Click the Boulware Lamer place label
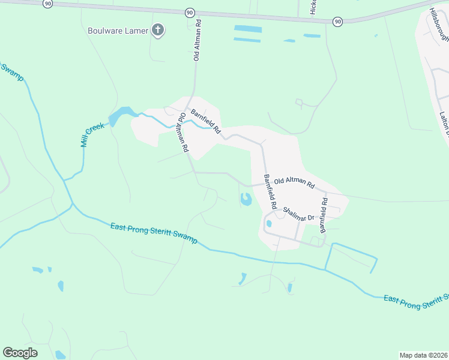point(118,31)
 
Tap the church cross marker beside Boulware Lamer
point(158,31)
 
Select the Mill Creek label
point(92,134)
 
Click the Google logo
point(20,353)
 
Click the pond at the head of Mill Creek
point(121,114)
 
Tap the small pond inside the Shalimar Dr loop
point(268,224)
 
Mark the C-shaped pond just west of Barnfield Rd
point(246,199)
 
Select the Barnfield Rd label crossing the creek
point(206,121)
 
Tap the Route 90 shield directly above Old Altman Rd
point(190,12)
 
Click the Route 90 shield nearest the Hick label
point(338,21)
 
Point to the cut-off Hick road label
point(313,7)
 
